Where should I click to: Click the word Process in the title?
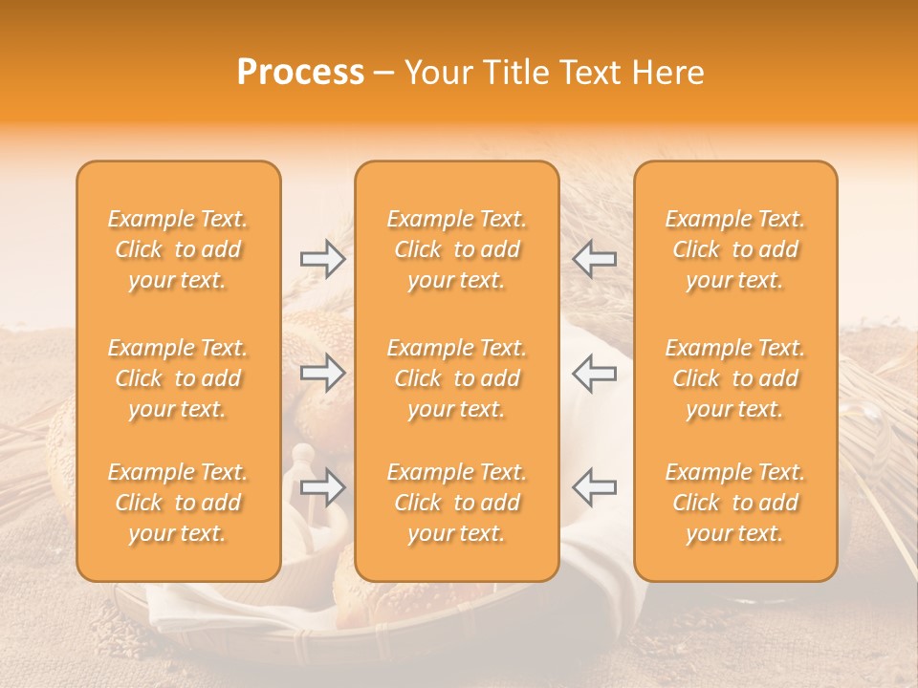coord(300,73)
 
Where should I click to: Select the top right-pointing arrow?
coord(323,259)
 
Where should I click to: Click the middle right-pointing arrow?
coord(323,373)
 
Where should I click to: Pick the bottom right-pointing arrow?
coord(323,486)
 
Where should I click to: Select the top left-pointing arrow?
coord(594,259)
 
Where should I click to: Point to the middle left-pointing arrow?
coord(594,373)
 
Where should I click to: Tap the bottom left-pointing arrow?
coord(594,486)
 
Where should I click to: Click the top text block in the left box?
coord(178,249)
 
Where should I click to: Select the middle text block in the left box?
coord(178,378)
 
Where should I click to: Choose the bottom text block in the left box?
coord(178,503)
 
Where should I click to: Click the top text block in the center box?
coord(457,249)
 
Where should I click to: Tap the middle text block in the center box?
coord(457,378)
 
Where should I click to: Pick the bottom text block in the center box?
coord(457,503)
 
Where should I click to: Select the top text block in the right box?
coord(735,249)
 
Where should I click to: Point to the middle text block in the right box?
coord(735,378)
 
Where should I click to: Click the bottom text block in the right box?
coord(735,503)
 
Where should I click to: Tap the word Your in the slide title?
coord(436,73)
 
